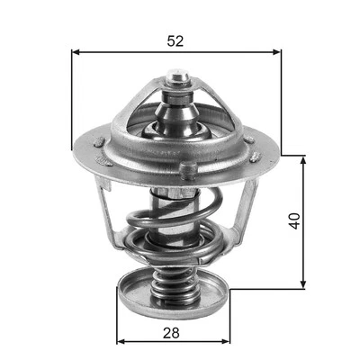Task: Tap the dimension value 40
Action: click(x=292, y=221)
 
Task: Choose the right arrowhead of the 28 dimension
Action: click(x=227, y=343)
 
